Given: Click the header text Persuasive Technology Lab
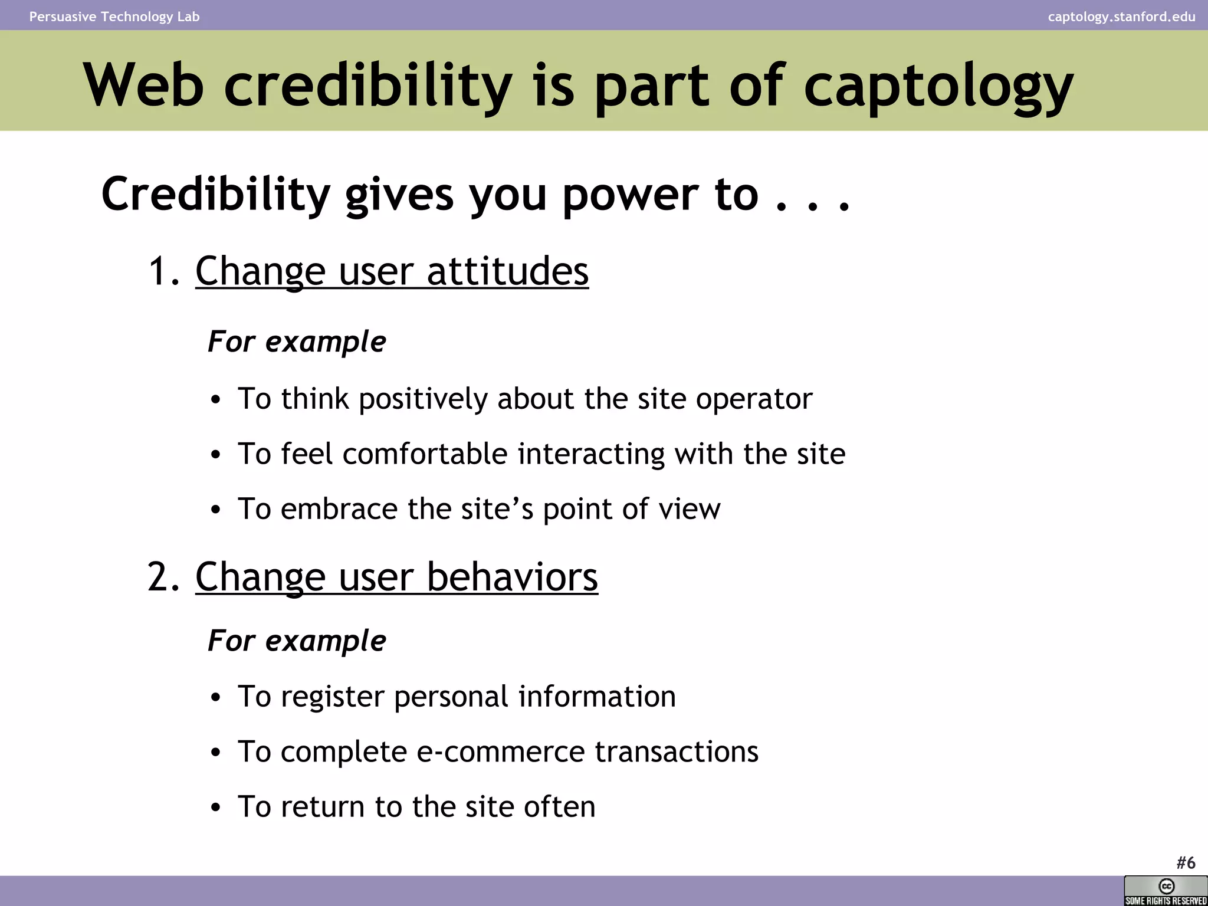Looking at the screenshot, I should pyautogui.click(x=114, y=17).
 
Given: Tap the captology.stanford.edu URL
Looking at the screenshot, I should pyautogui.click(x=1121, y=17).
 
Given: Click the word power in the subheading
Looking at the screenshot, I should pyautogui.click(x=630, y=195).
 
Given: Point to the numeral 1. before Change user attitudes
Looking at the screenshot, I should pyautogui.click(x=163, y=272).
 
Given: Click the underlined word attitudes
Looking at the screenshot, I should pyautogui.click(x=507, y=272).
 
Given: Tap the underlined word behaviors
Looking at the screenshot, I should pyautogui.click(x=511, y=577).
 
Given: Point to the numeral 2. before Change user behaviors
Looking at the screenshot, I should pyautogui.click(x=163, y=577).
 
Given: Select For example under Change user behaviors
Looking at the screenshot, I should pyautogui.click(x=297, y=641).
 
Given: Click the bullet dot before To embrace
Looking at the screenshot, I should pyautogui.click(x=216, y=510).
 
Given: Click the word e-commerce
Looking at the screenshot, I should pyautogui.click(x=501, y=752).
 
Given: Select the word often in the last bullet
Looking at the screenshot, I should pyautogui.click(x=559, y=807).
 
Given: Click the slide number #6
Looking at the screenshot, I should pyautogui.click(x=1186, y=863).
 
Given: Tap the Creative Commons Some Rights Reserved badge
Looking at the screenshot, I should pyautogui.click(x=1166, y=891).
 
